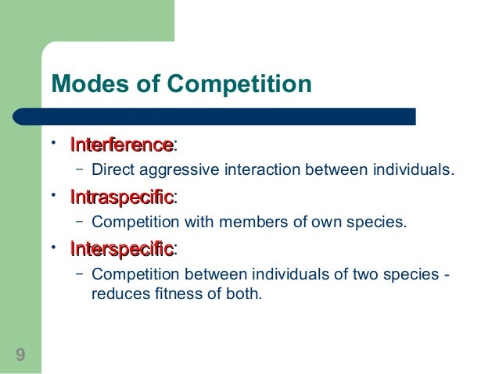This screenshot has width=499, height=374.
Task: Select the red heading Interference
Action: point(121,145)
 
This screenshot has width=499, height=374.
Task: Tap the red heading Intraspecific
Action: point(121,198)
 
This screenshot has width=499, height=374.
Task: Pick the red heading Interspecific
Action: point(121,250)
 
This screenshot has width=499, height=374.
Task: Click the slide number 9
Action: point(20,356)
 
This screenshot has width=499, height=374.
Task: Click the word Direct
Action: point(111,169)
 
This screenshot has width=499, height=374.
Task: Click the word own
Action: point(321,222)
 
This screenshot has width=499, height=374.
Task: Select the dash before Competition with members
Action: point(80,220)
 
